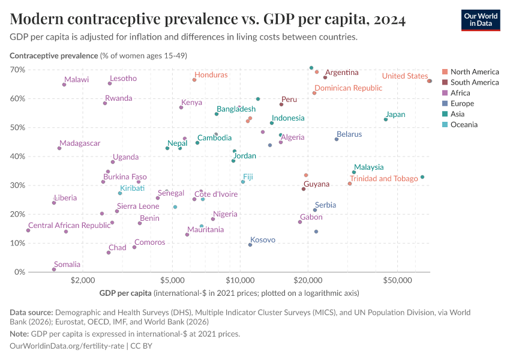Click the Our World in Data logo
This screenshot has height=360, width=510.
480,20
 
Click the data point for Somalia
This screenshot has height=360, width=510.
54,269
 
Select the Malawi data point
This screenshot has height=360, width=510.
64,85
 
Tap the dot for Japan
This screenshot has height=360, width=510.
386,119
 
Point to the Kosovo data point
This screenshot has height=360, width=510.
250,245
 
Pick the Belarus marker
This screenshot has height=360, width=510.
337,139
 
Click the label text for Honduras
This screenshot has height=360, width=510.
211,75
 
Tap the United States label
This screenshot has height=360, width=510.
405,76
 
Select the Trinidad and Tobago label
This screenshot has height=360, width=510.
383,179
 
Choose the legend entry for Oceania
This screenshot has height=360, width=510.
464,125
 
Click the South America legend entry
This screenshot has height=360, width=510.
474,82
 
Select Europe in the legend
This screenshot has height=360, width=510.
462,104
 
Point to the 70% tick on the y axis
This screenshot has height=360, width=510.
17,70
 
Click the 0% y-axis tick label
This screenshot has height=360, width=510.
19,272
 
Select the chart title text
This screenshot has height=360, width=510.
208,20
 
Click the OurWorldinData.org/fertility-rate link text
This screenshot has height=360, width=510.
70,347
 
